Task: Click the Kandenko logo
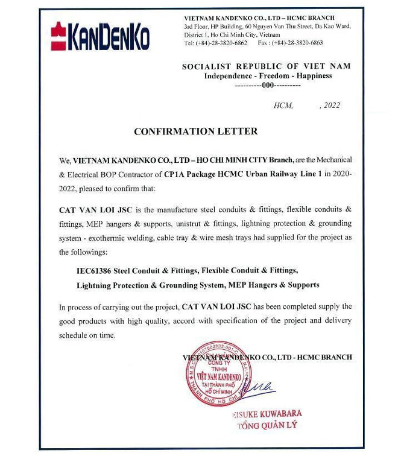click(100, 36)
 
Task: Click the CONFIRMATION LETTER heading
click(195, 131)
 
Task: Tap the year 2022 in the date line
click(332, 106)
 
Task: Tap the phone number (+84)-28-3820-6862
click(221, 43)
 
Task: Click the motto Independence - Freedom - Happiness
click(268, 76)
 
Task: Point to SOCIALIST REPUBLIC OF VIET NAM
click(266, 66)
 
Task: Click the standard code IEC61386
click(90, 270)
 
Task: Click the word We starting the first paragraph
click(65, 160)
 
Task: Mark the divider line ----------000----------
click(267, 86)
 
